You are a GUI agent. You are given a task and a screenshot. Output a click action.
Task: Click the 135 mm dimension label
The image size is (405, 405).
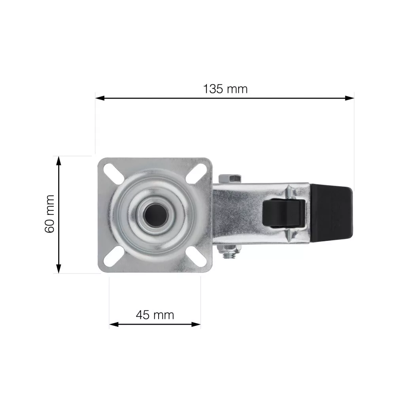(225, 89)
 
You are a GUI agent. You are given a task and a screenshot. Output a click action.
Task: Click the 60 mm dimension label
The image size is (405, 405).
(49, 214)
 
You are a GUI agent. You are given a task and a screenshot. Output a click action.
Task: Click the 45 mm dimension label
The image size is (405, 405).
(155, 315)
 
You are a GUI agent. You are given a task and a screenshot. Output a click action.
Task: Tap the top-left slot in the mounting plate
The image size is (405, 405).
(114, 174)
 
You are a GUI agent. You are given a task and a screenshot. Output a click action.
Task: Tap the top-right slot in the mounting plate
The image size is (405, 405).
(196, 173)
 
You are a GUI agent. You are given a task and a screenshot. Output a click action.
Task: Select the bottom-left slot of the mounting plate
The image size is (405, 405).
(114, 256)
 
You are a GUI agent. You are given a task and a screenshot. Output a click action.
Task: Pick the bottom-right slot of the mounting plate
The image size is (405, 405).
(196, 257)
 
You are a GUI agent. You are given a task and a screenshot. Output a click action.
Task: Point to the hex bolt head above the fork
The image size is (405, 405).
(230, 178)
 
